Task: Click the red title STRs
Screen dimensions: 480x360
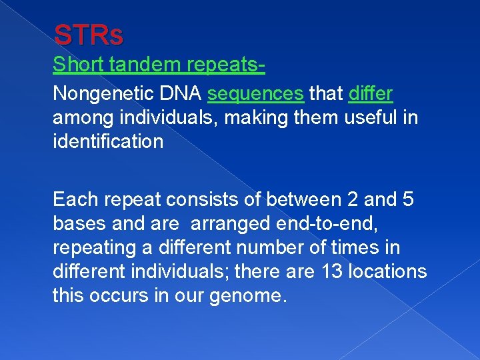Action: (x=89, y=35)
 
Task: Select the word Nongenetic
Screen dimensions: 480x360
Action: (x=103, y=94)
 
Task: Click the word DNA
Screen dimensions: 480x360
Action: (x=180, y=93)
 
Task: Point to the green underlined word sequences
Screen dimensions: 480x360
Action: (x=255, y=94)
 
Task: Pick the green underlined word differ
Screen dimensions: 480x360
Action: (x=371, y=93)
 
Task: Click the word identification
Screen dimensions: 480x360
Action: (x=108, y=141)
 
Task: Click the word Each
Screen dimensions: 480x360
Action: (x=75, y=199)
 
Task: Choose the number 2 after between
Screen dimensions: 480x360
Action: (x=353, y=199)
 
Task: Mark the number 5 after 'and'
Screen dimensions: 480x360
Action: (x=408, y=199)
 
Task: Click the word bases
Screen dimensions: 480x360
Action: (x=79, y=223)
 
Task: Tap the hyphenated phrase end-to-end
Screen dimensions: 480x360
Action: (x=327, y=224)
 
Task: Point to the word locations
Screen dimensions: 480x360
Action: (x=387, y=271)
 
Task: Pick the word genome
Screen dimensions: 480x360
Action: (x=248, y=296)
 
